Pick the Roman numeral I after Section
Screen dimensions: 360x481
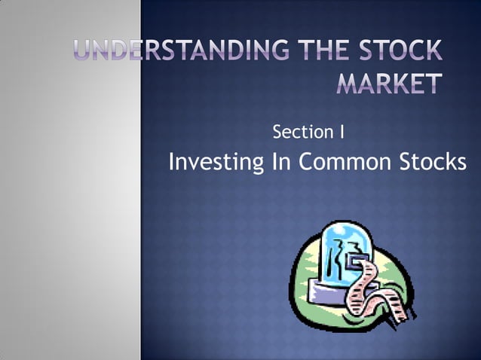coord(342,133)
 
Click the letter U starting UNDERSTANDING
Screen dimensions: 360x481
coord(85,51)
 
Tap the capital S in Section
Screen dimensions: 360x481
coord(277,133)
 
